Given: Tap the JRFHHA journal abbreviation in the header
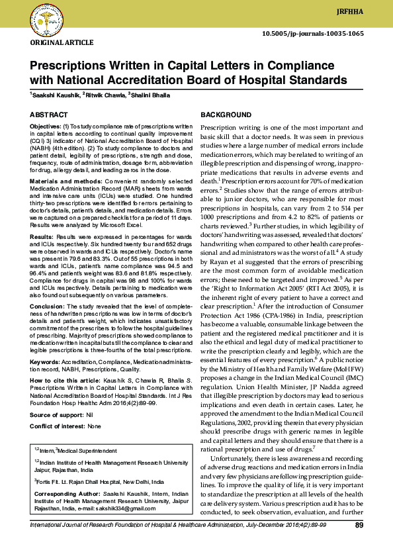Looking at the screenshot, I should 367,12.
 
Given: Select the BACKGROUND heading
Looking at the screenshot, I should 226,115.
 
